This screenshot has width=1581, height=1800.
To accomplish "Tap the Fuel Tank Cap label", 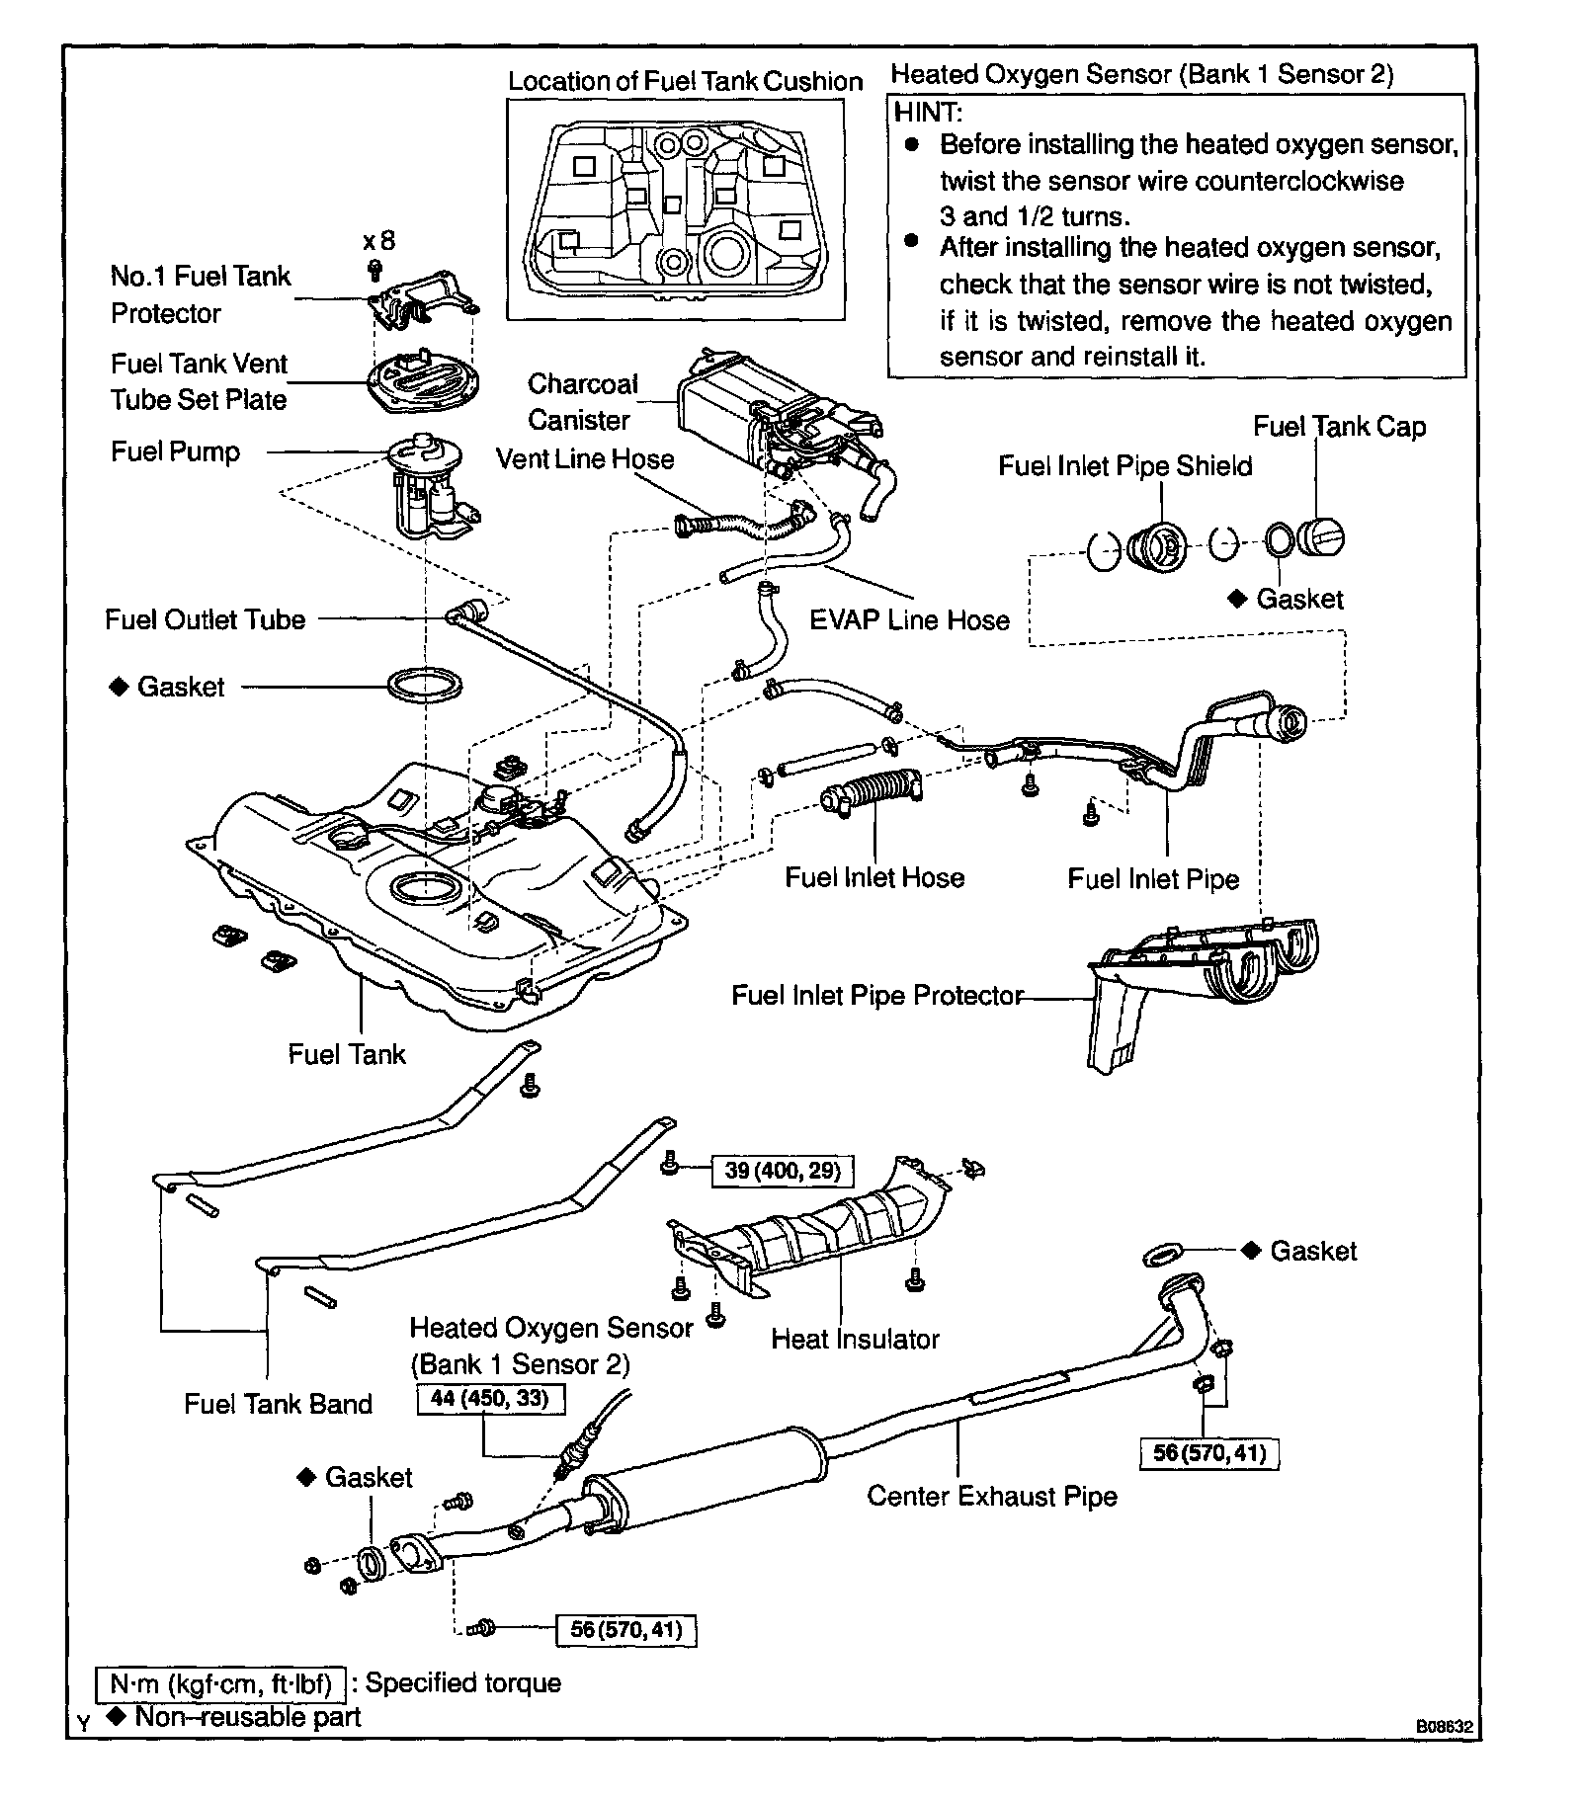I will (x=1339, y=427).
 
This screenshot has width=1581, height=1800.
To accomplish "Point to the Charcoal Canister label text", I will (x=581, y=402).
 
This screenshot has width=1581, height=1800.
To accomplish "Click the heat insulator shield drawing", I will (x=810, y=1235).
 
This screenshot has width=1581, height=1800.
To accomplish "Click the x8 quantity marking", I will (x=378, y=241).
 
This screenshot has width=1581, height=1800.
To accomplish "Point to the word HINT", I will (x=928, y=112).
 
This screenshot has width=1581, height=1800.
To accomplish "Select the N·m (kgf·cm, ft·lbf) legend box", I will (x=220, y=1682).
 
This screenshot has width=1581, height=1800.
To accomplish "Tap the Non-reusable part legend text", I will (x=247, y=1716).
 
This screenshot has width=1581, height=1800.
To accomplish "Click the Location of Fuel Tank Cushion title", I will (x=685, y=81).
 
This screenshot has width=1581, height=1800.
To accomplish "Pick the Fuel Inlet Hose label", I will (x=874, y=877).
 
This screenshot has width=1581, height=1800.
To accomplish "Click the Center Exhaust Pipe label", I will (x=992, y=1496).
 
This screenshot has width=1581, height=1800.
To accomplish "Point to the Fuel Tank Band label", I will (x=278, y=1404).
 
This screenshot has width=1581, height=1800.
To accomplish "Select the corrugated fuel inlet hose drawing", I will (x=872, y=790).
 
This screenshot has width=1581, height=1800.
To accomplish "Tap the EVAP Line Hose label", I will (x=909, y=620).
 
